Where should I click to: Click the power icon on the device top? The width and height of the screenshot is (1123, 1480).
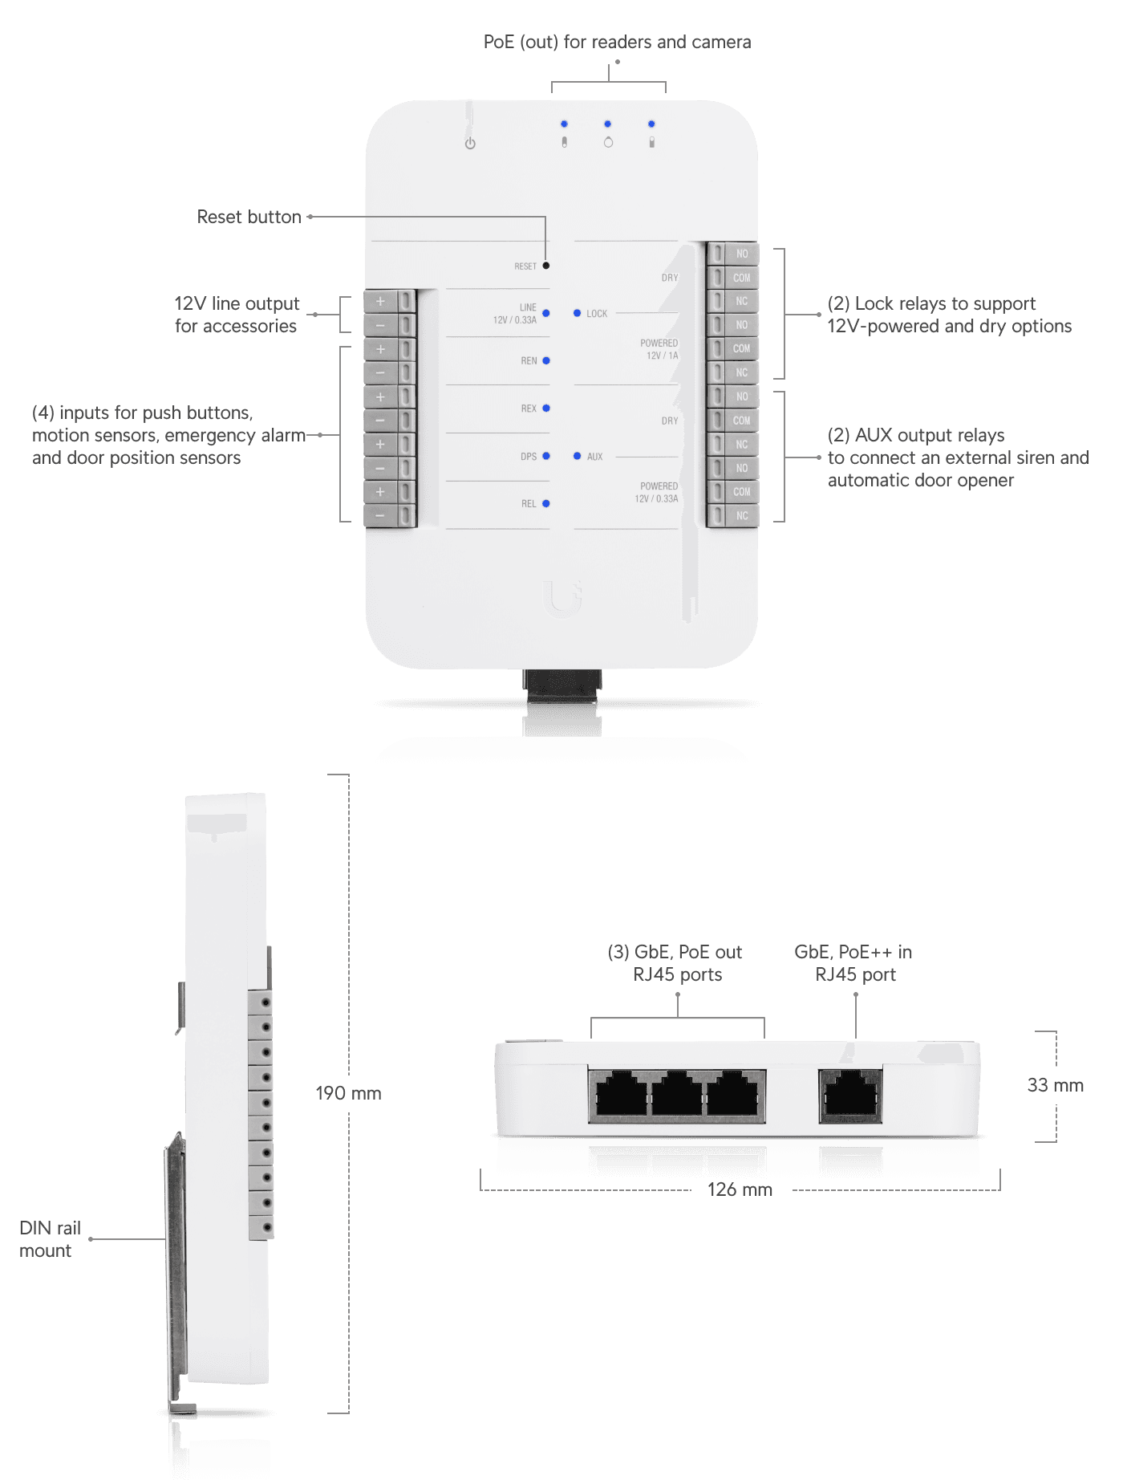tap(470, 144)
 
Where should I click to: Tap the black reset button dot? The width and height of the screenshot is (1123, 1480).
tap(546, 266)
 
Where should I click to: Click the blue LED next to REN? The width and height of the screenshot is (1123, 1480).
tap(546, 360)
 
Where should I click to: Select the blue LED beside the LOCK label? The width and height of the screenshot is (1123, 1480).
tap(577, 313)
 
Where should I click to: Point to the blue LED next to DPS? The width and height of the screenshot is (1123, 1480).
tap(546, 456)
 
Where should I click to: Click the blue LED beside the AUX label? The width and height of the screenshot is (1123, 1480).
tap(577, 456)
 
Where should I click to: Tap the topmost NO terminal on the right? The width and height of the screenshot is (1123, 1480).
tap(741, 254)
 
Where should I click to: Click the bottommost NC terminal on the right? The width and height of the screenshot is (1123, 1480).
tap(741, 515)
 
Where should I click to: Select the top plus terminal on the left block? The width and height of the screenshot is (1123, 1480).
tap(381, 302)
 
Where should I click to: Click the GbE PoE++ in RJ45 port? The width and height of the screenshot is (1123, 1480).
tap(850, 1095)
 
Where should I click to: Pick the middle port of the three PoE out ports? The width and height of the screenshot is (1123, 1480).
tap(677, 1095)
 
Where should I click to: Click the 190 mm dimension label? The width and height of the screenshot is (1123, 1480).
tap(348, 1093)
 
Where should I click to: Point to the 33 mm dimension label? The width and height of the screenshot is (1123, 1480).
tap(1055, 1085)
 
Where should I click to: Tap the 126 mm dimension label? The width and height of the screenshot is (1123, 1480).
tap(740, 1189)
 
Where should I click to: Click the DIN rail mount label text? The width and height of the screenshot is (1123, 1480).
tap(49, 1239)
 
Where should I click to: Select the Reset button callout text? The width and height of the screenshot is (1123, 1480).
tap(249, 217)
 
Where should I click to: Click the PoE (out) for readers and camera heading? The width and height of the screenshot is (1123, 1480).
tap(617, 42)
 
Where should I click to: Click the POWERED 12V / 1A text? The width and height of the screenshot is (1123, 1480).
tap(659, 349)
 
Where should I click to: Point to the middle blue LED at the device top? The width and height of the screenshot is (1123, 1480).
tap(607, 124)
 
